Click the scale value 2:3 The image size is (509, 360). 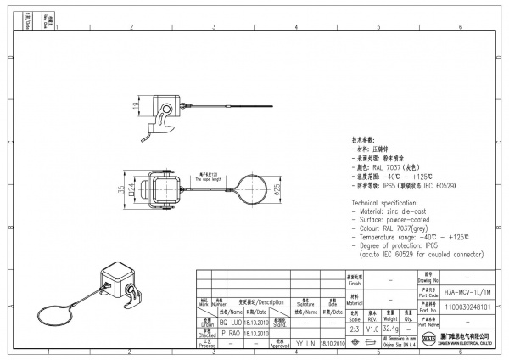(354, 327)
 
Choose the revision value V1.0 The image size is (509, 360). (373, 327)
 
